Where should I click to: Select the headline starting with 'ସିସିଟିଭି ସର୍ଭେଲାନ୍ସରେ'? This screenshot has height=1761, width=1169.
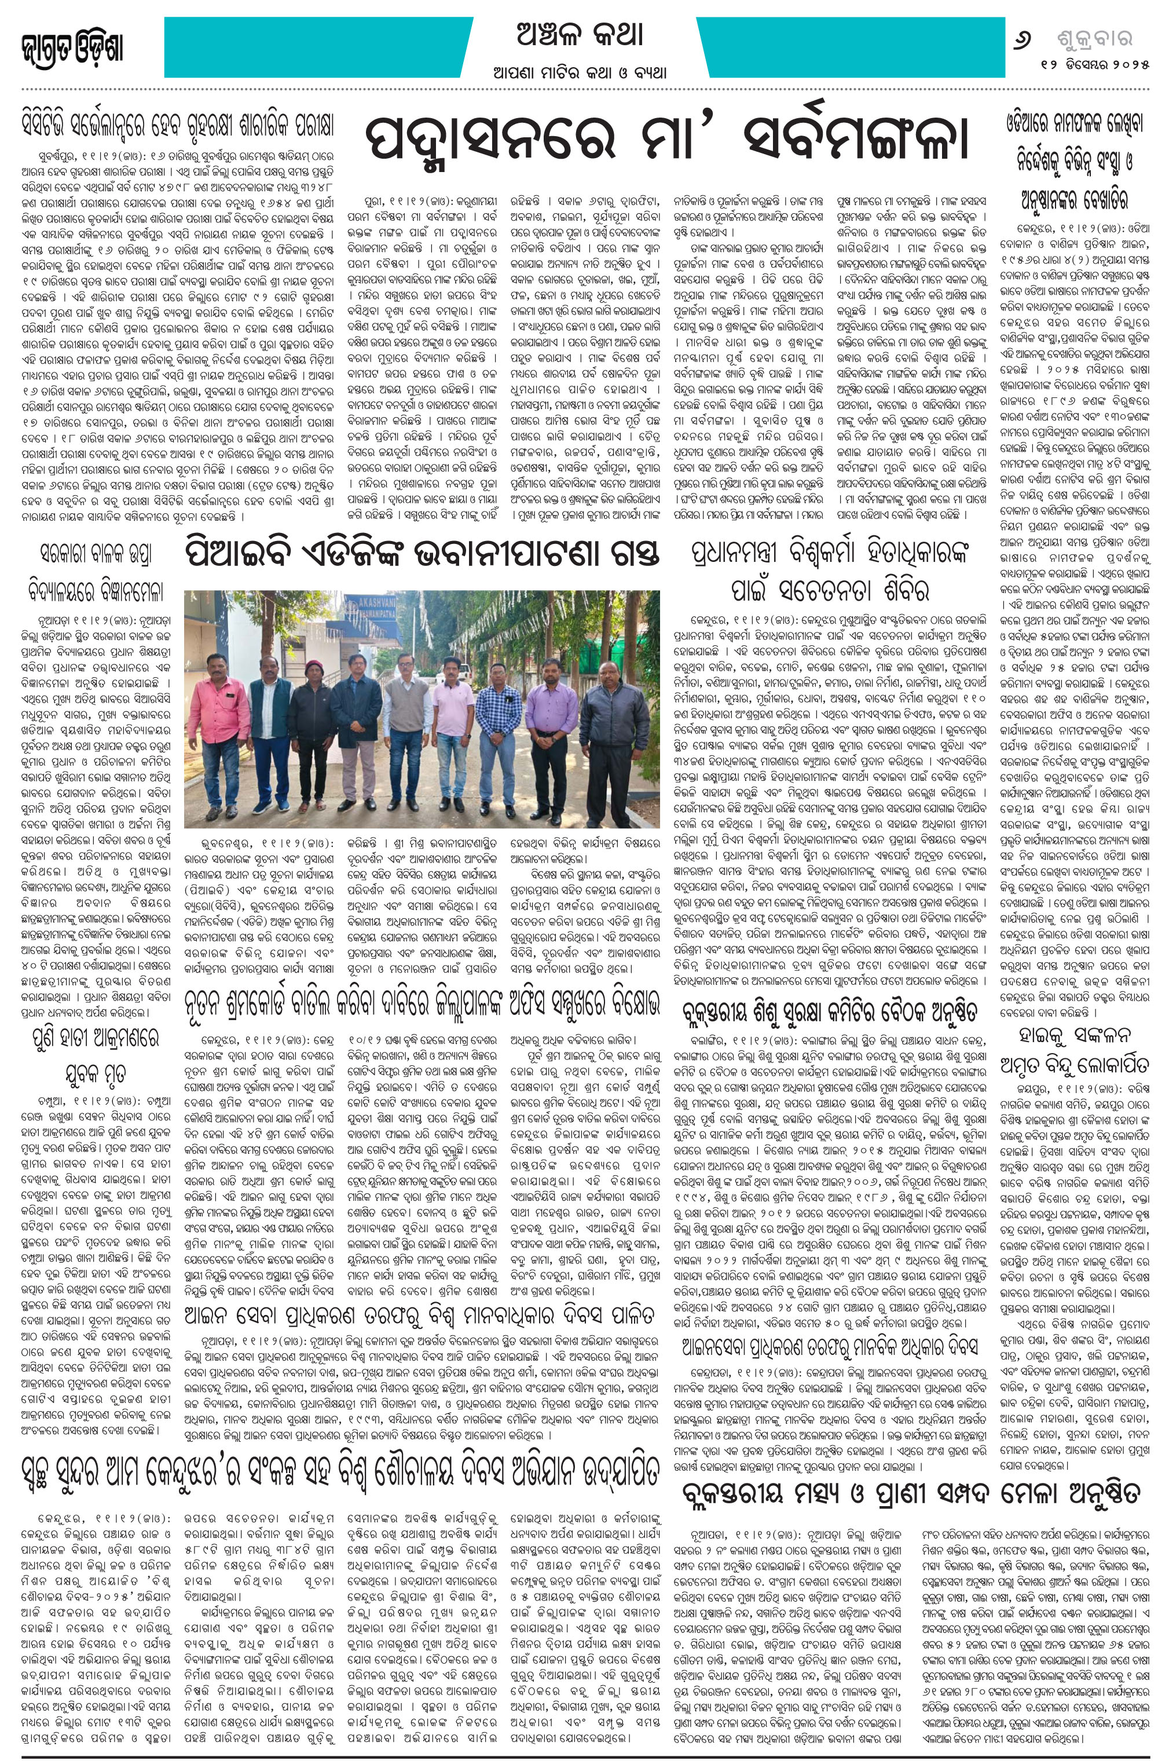click(x=177, y=124)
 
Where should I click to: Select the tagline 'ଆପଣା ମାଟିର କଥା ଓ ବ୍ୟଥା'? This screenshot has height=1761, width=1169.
click(x=578, y=73)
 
